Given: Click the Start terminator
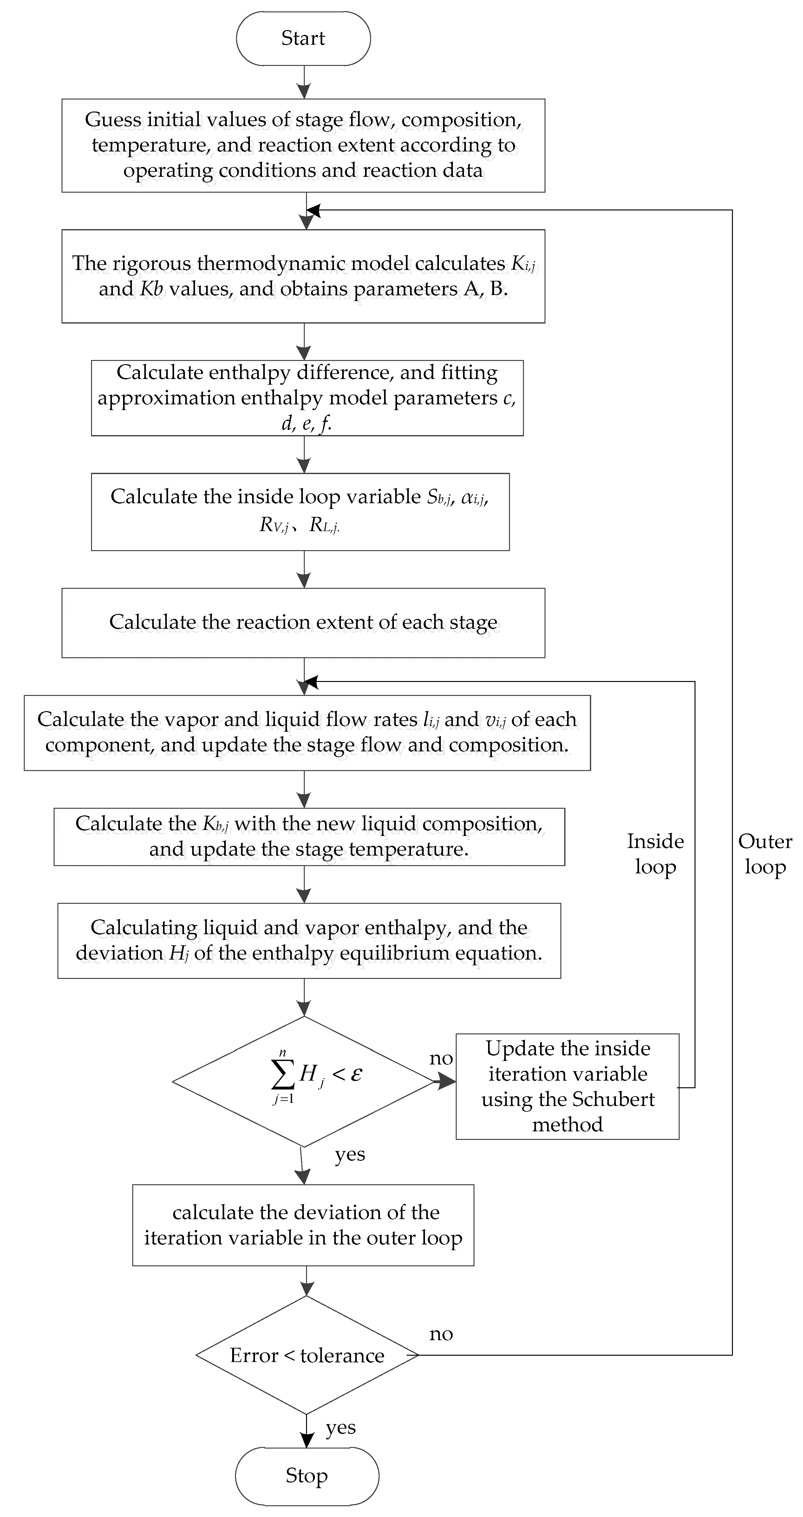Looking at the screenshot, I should click(x=303, y=38).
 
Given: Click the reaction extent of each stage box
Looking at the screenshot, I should click(x=303, y=622).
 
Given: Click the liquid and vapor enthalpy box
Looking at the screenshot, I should click(x=309, y=941).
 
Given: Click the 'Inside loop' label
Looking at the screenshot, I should click(x=655, y=854).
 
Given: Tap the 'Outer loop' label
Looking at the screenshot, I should click(x=765, y=854).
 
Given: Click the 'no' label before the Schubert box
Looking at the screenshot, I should click(x=441, y=1058).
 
